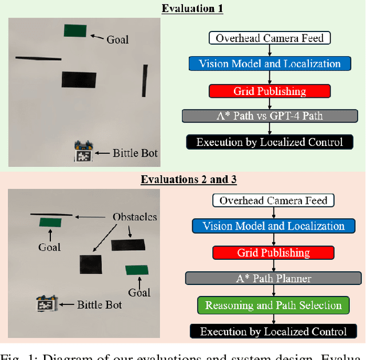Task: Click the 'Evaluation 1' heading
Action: [x=192, y=9]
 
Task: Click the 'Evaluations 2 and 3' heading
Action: [x=188, y=179]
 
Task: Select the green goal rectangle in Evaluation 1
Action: [x=75, y=31]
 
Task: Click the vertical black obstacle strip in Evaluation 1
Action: [x=145, y=81]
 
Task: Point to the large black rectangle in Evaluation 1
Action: [x=79, y=80]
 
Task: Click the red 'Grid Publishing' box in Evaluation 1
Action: [x=269, y=90]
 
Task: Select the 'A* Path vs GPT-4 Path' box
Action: [x=269, y=116]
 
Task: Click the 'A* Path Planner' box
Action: [x=273, y=278]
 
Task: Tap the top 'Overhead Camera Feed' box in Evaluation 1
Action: [x=269, y=38]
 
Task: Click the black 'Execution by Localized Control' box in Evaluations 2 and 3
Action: [x=273, y=331]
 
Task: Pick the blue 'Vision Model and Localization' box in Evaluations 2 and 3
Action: [x=273, y=226]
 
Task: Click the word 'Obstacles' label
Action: [x=135, y=217]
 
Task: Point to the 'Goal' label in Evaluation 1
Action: [x=118, y=39]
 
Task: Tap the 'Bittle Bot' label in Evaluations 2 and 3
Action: [x=100, y=304]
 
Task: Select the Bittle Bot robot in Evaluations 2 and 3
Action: [x=46, y=303]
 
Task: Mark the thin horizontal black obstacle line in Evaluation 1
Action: [x=38, y=58]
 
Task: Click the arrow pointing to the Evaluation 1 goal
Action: [x=98, y=38]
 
